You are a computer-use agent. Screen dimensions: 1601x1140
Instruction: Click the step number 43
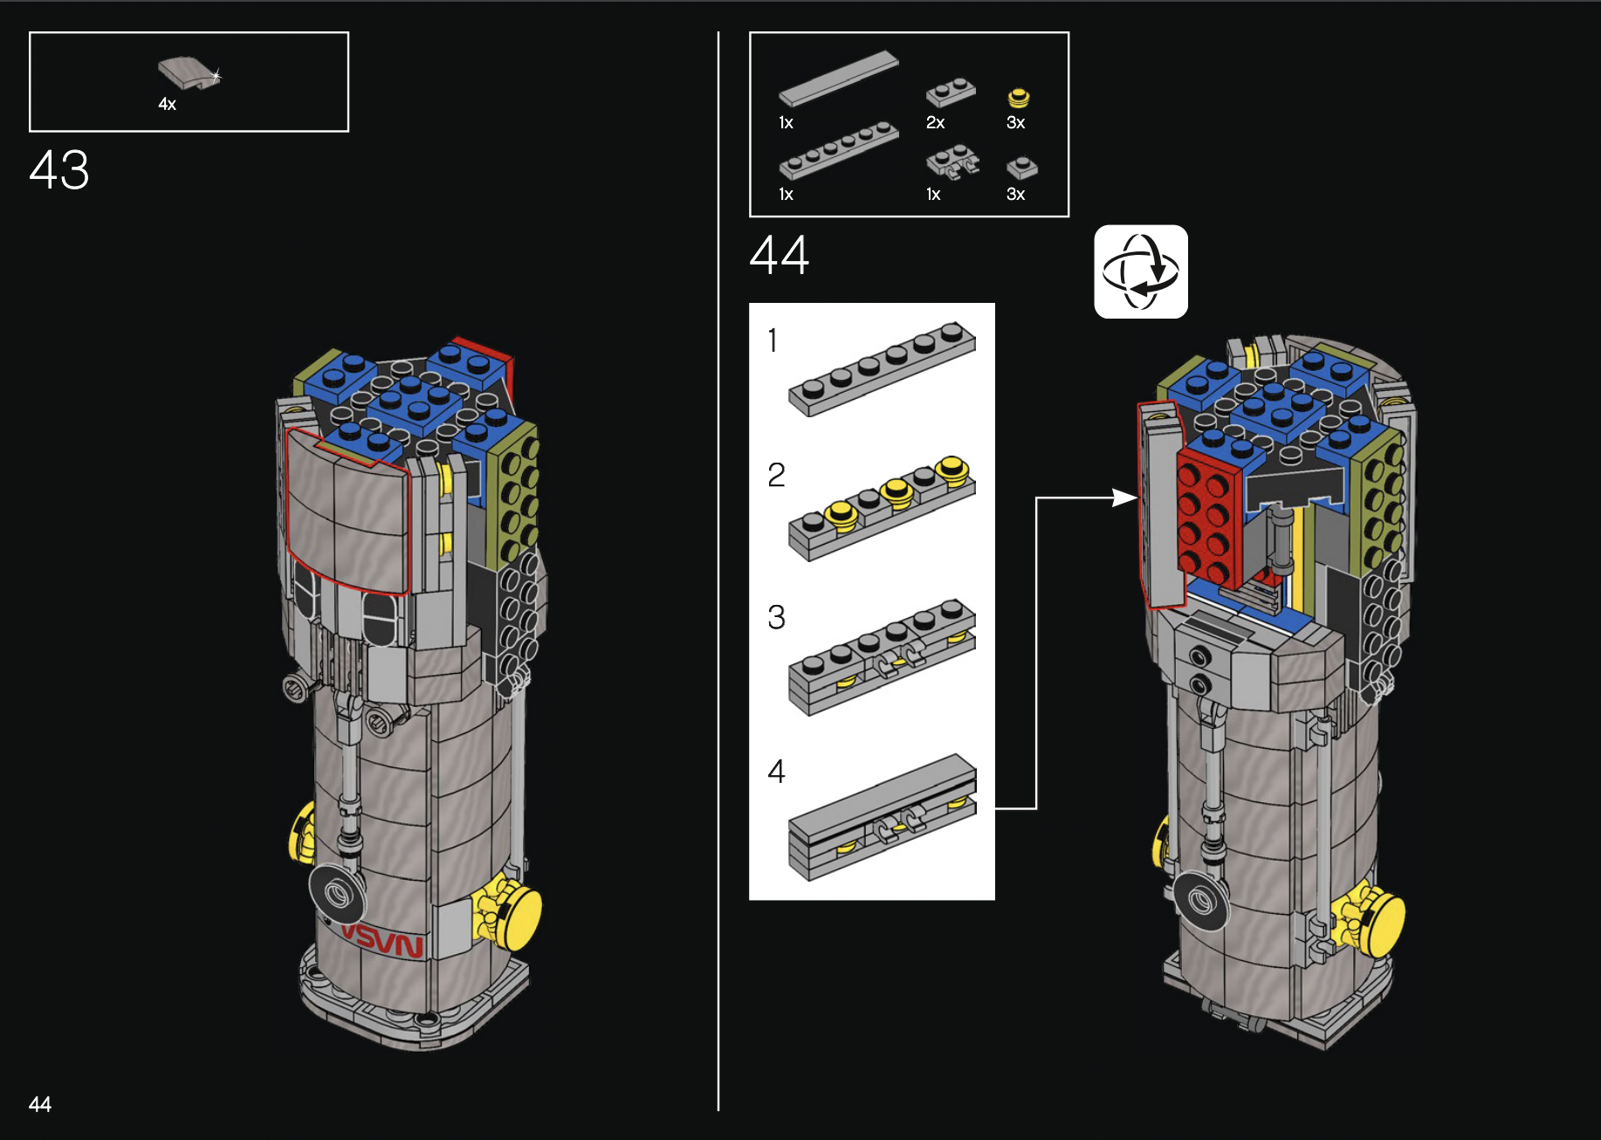click(59, 169)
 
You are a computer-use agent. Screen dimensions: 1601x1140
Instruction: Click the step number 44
click(780, 255)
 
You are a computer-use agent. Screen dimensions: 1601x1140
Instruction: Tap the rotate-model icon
click(1141, 271)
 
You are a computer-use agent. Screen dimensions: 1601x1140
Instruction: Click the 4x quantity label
click(167, 104)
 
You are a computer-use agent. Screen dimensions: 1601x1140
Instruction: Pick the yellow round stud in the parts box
click(1019, 98)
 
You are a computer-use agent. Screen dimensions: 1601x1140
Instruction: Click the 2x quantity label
click(935, 122)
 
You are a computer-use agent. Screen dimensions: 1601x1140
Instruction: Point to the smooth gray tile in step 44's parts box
click(838, 79)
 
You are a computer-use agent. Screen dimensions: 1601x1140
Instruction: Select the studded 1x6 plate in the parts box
click(838, 150)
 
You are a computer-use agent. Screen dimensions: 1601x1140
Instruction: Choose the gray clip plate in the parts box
click(952, 162)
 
